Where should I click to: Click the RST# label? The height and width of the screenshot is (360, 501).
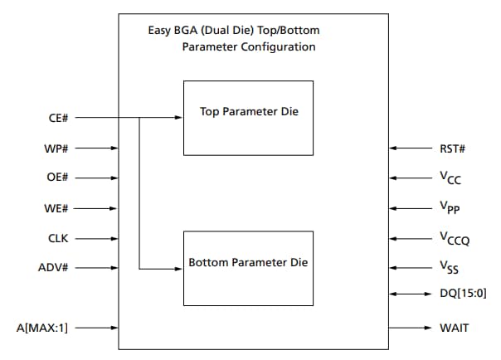point(453,148)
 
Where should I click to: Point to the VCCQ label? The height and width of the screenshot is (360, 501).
point(454,240)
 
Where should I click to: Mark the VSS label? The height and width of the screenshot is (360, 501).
point(450,269)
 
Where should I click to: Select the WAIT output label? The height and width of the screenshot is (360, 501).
point(455,328)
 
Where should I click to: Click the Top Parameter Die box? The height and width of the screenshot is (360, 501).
point(248,118)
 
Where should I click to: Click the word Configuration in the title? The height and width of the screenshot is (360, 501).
point(276,47)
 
